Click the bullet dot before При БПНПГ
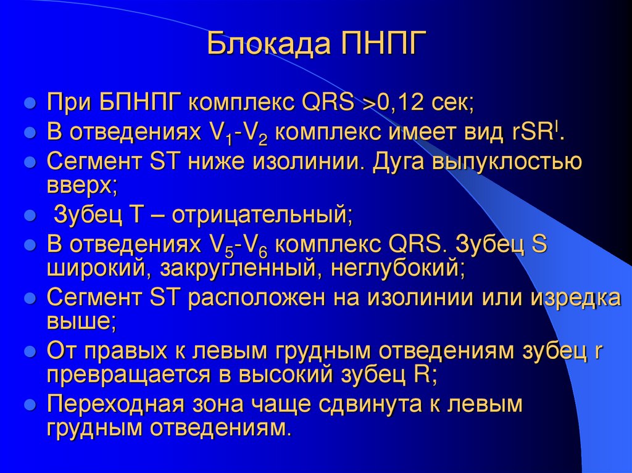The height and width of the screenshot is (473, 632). [x=28, y=102]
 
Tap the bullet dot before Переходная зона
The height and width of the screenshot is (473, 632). [x=28, y=405]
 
